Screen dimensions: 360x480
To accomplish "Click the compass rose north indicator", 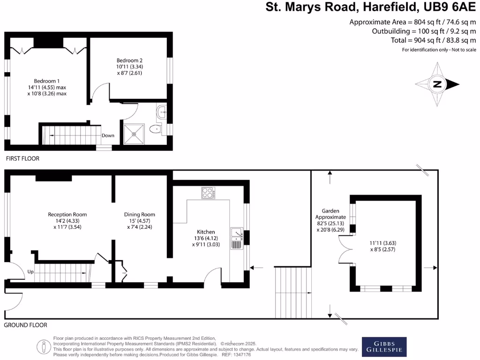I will coord(437,85).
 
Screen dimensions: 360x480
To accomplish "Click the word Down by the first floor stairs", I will coord(108,135).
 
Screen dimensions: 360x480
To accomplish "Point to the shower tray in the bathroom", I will coord(135,133).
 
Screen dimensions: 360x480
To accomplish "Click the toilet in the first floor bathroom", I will coord(154,129).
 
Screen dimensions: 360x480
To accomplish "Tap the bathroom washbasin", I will coord(163,112).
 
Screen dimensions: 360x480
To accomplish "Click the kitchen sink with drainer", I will coord(237,238).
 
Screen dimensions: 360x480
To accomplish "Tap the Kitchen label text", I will coord(206,232).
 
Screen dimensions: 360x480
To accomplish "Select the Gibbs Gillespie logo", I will coord(384,347).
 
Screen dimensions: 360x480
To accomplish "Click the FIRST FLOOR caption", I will coord(22,159).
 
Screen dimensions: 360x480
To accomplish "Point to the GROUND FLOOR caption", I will coord(26,325).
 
